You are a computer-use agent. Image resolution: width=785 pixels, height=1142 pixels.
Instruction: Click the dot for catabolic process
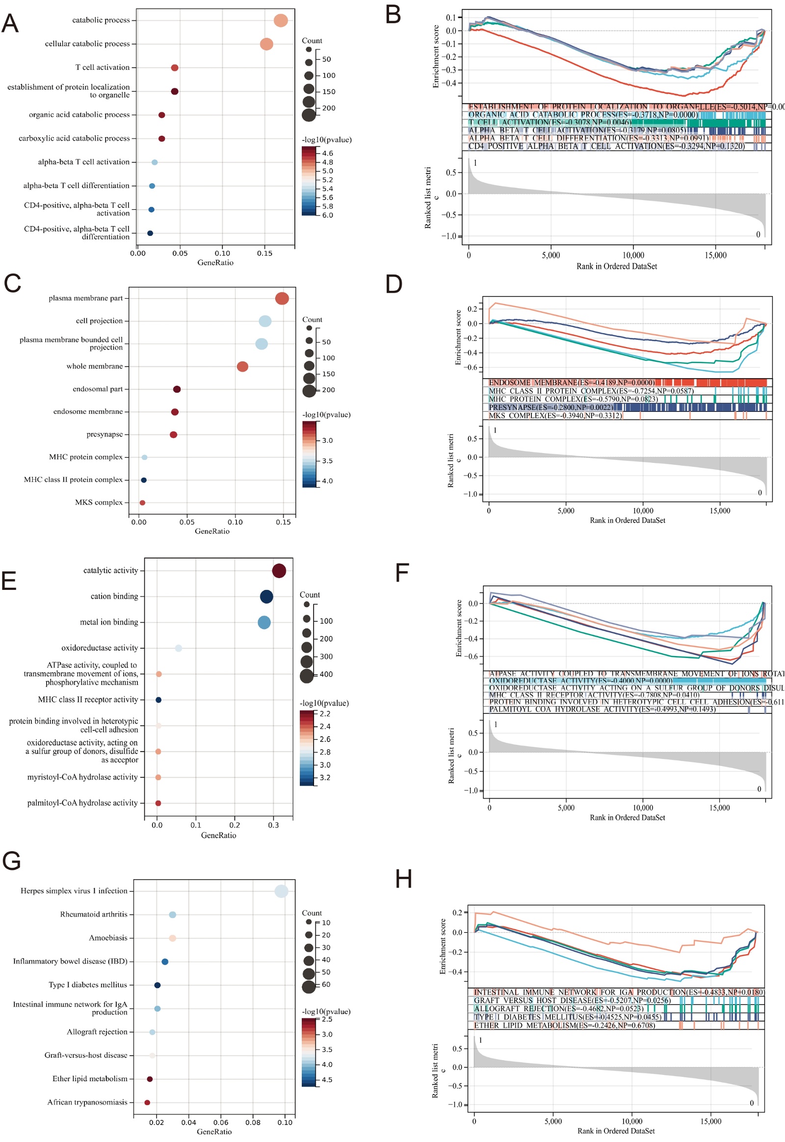point(280,21)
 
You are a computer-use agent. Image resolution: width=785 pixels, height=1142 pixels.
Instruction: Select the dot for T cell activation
point(175,68)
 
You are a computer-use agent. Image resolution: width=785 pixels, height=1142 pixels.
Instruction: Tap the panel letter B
point(393,15)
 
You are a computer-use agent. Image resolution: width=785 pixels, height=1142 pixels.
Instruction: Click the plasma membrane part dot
point(282,299)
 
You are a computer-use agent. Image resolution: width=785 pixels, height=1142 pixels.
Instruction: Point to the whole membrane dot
point(242,366)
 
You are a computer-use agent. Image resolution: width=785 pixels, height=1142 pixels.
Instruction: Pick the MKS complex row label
point(99,503)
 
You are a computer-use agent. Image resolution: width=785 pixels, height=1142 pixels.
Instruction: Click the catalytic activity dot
point(279,571)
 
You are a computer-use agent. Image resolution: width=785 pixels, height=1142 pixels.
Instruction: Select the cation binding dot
point(266,597)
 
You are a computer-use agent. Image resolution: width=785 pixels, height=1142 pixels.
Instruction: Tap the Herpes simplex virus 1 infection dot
point(281,891)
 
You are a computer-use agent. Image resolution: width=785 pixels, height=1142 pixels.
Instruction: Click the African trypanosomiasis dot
point(147,1103)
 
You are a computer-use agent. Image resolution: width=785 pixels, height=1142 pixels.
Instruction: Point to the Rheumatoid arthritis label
point(94,915)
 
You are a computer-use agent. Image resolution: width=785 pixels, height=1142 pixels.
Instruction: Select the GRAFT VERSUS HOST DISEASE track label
point(572,1000)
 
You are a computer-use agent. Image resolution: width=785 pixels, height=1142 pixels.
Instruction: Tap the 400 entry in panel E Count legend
point(326,675)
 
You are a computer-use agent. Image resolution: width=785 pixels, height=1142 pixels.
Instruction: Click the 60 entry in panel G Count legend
point(326,985)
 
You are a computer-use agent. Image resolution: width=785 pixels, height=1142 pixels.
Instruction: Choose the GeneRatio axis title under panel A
point(215,263)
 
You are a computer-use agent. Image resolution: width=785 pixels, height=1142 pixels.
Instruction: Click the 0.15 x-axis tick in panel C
point(283,522)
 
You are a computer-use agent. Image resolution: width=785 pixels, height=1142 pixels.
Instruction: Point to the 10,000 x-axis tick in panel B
point(633,255)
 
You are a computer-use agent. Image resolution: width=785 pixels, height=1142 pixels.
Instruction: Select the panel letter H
point(403,880)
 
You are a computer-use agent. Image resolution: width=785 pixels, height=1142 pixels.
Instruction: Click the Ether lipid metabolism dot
point(150,1079)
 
